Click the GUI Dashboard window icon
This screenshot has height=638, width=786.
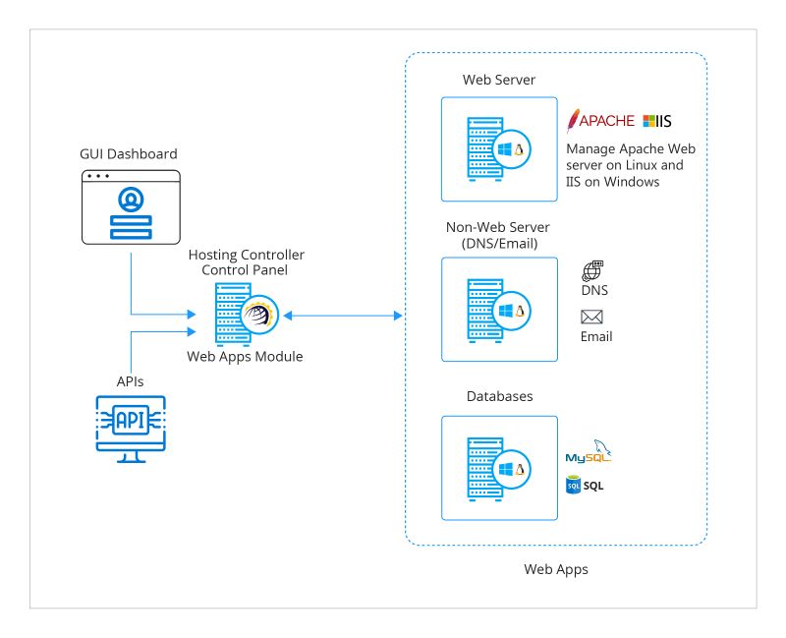click(x=130, y=207)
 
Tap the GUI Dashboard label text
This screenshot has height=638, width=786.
click(x=129, y=154)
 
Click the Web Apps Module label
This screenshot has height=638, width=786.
click(x=245, y=357)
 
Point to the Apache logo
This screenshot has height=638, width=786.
click(x=601, y=120)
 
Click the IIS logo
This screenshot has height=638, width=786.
click(x=656, y=120)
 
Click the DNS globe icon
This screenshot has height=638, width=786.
click(x=592, y=271)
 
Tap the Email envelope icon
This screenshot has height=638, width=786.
click(x=591, y=317)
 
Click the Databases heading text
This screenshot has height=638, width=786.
click(x=499, y=396)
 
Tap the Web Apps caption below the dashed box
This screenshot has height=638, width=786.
click(x=556, y=568)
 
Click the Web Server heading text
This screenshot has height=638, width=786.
click(x=499, y=80)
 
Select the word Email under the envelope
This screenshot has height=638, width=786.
click(x=595, y=336)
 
